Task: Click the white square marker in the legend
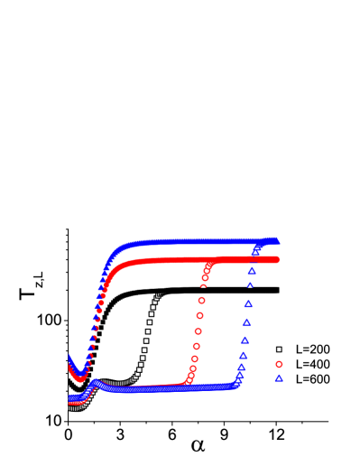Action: pos(279,349)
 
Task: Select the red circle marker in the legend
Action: pos(279,364)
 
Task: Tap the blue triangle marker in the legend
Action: pos(279,378)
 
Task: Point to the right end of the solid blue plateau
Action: pos(277,241)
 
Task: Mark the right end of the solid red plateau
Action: pos(276,260)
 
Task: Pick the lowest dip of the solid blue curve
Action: pos(79,370)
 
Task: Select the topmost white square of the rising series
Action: pos(159,294)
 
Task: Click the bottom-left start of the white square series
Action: pos(71,408)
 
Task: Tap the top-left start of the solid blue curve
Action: pos(70,358)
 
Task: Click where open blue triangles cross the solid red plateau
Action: pos(254,260)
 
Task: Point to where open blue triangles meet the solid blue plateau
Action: pos(260,242)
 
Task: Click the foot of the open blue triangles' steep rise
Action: pos(236,386)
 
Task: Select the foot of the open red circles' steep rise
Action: pos(187,384)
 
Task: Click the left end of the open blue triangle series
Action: pos(71,398)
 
